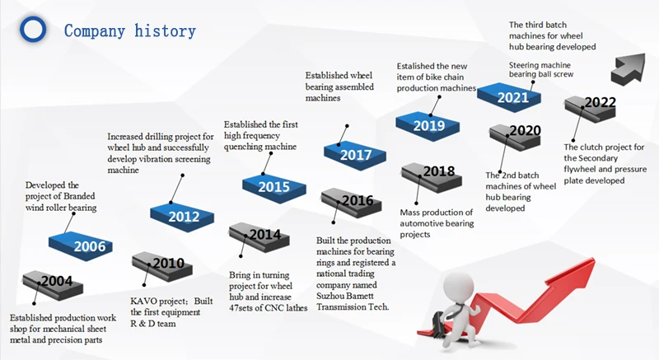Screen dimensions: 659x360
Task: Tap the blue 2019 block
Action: tap(428, 124)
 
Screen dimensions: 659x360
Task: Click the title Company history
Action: tap(130, 31)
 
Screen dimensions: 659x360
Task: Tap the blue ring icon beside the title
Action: tap(34, 30)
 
